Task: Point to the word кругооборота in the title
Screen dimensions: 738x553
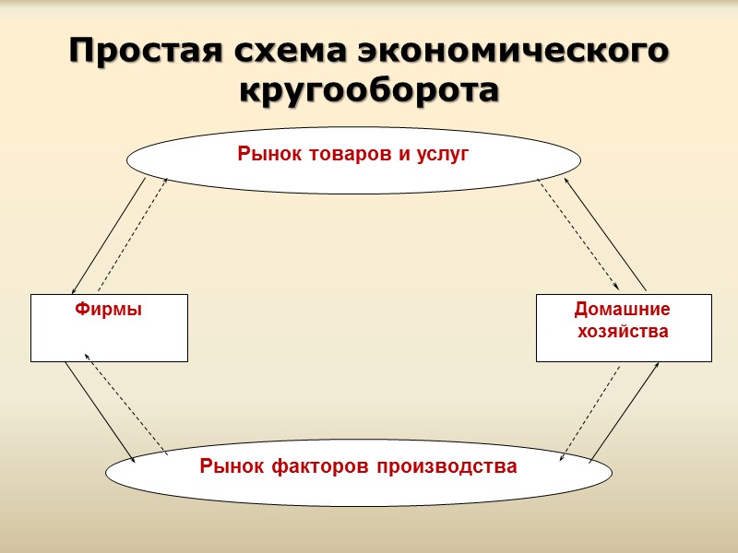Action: (x=369, y=90)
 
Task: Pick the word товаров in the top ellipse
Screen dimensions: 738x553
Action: (x=344, y=155)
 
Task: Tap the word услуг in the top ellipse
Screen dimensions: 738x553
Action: (x=441, y=155)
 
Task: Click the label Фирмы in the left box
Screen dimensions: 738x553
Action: (x=108, y=310)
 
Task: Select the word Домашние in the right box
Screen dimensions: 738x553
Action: (x=623, y=310)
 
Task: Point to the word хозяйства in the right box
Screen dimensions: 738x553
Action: (x=623, y=330)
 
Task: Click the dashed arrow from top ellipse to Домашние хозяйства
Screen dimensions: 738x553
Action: (x=577, y=234)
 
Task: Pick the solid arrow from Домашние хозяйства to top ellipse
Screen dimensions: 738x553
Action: (x=604, y=233)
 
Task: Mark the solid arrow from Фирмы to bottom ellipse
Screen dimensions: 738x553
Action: (x=101, y=412)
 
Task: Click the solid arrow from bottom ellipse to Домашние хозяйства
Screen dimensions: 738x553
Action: (x=624, y=411)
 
